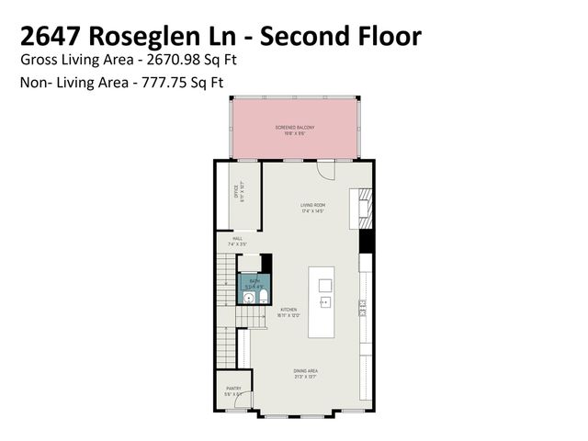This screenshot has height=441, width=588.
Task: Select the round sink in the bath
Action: pyautogui.click(x=249, y=297)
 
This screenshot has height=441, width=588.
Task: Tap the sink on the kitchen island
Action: pyautogui.click(x=324, y=301)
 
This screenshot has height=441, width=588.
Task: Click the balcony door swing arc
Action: pyautogui.click(x=326, y=171)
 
